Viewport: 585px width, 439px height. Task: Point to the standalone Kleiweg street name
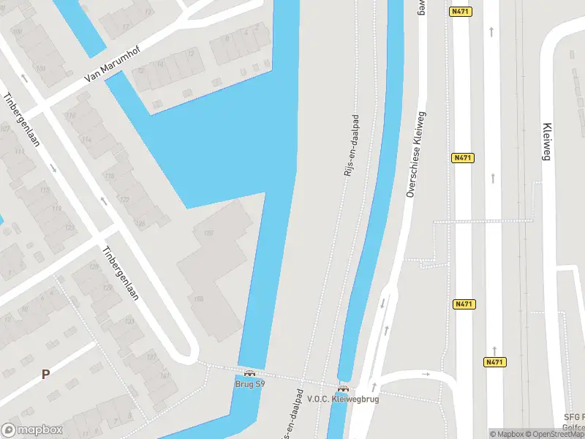[546, 140]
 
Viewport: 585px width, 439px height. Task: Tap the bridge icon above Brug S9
[249, 373]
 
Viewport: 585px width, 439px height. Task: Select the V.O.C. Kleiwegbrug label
[343, 399]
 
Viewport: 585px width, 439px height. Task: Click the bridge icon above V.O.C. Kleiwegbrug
[343, 389]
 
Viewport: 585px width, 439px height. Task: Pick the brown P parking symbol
[45, 374]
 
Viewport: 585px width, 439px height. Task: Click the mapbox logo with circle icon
[32, 430]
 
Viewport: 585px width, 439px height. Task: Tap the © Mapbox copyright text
[507, 434]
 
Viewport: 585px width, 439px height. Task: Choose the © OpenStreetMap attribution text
[556, 434]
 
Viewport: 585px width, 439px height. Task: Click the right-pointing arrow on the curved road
[426, 375]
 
